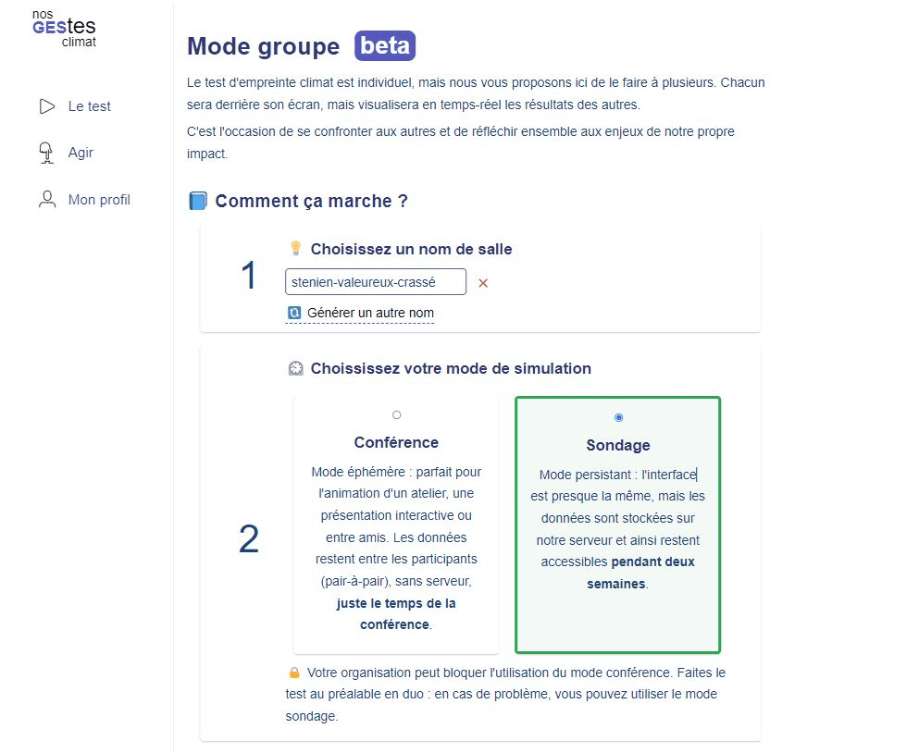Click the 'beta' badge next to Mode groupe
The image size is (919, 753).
pos(384,45)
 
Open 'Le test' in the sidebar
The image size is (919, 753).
pos(89,106)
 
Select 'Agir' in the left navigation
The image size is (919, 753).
pos(81,153)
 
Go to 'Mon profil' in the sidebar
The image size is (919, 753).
pos(99,200)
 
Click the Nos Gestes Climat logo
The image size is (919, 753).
pos(64,28)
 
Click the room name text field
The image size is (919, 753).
pos(376,282)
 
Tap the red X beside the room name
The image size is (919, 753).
pos(483,283)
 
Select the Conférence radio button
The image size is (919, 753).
pos(397,414)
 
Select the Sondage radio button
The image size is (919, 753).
pos(618,417)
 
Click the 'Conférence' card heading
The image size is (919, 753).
pos(396,442)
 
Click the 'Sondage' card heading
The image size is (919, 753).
pos(618,445)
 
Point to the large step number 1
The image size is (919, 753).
pos(249,276)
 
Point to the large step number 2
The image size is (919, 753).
pos(249,539)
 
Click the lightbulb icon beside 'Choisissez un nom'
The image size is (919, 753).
pos(296,249)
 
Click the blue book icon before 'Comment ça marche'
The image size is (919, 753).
pos(198,201)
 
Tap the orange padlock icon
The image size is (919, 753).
pos(294,673)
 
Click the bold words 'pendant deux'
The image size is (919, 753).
pos(652,562)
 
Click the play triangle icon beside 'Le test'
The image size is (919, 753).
pos(47,106)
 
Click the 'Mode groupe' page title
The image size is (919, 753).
pos(263,46)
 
